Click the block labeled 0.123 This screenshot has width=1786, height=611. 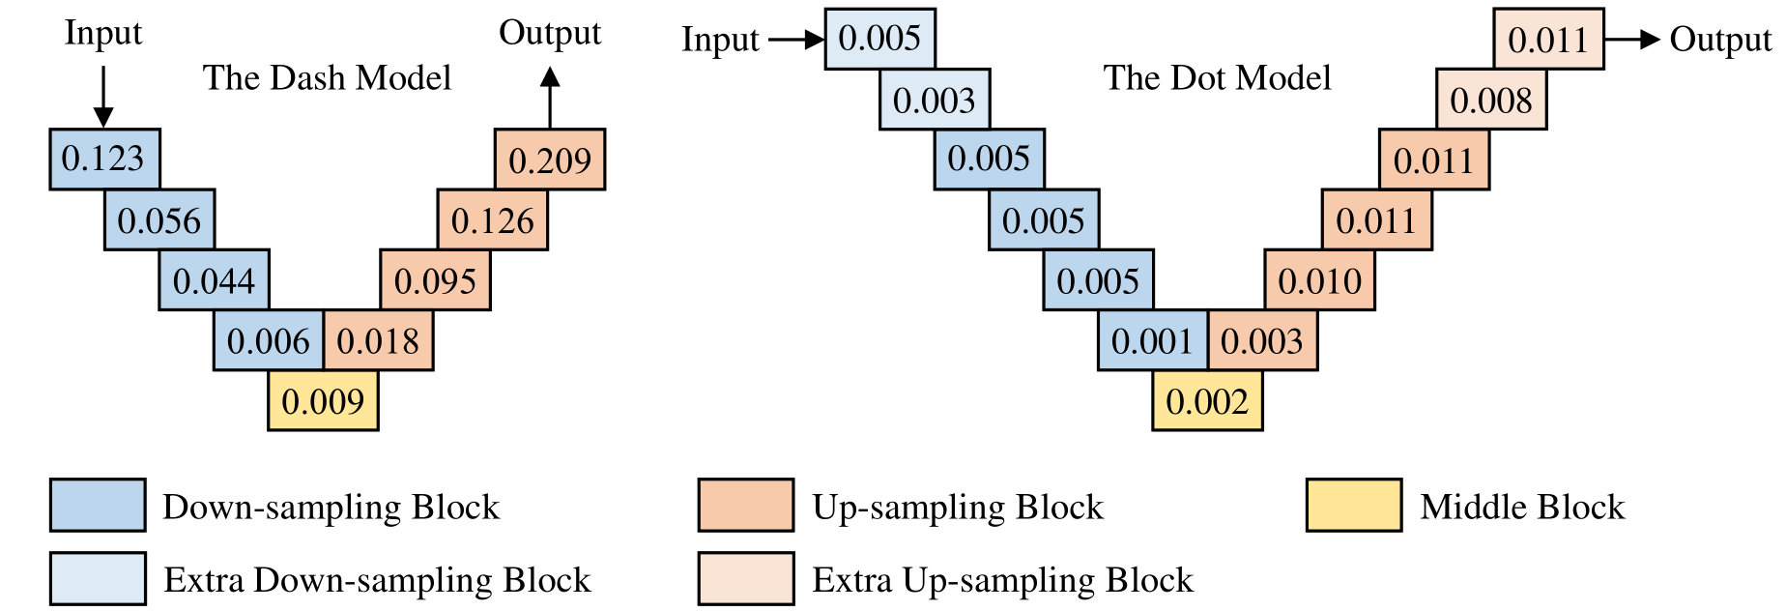pos(104,159)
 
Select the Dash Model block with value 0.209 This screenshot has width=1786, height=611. pos(549,160)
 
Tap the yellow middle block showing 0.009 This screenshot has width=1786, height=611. pos(323,401)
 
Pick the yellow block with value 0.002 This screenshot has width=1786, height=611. pos(1207,401)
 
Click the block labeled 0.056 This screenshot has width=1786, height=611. pos(159,220)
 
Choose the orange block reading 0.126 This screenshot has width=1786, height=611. pos(493,220)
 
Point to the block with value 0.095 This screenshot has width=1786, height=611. pos(435,280)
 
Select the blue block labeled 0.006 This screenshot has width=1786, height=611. pos(269,340)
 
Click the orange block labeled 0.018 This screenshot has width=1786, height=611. pos(378,340)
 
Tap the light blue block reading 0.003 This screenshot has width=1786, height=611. pos(935,100)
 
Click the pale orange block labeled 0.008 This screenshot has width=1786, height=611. pos(1491,100)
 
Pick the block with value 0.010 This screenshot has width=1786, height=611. pos(1319,280)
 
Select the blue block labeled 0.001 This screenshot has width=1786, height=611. pos(1152,340)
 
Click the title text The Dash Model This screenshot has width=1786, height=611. pos(327,77)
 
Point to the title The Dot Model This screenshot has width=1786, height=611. pos(1217,77)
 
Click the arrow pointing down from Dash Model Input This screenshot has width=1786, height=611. pos(102,96)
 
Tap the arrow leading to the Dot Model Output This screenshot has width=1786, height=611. pos(1632,40)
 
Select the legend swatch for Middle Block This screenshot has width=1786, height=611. pos(1353,505)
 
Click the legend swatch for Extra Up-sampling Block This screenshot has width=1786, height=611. pos(746,578)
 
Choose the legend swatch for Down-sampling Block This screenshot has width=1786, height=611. pos(98,505)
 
